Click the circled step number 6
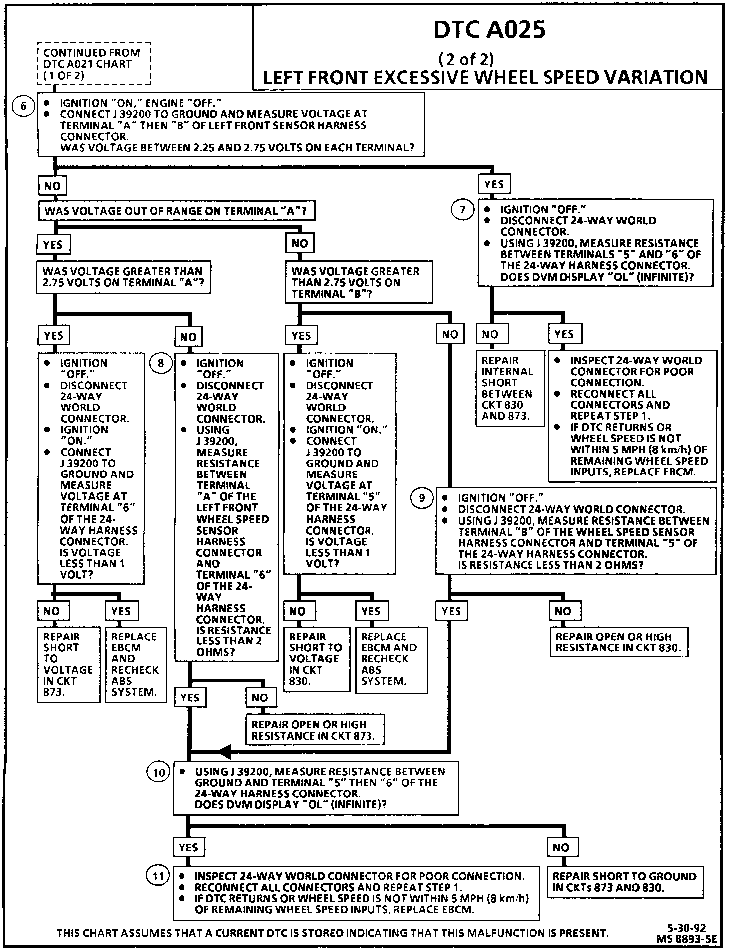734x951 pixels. tap(23, 106)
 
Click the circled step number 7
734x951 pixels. tap(463, 210)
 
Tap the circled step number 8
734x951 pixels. tap(161, 363)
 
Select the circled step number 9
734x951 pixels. tap(422, 498)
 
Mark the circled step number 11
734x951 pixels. tap(158, 877)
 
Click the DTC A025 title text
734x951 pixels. tap(489, 30)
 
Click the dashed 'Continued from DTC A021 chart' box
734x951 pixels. tap(94, 64)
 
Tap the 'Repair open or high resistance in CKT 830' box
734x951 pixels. tap(619, 642)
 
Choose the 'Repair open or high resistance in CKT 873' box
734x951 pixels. tap(315, 730)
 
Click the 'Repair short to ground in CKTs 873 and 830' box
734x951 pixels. tap(624, 882)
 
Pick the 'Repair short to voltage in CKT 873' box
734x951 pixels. tap(68, 664)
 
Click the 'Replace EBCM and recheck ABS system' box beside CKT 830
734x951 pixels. tap(391, 659)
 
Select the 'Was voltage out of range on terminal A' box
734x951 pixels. tap(176, 211)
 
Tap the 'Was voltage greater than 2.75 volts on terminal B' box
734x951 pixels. tap(359, 282)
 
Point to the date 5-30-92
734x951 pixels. tap(686, 928)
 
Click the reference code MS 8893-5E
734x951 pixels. tap(686, 938)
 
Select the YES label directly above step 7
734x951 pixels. tap(494, 184)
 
